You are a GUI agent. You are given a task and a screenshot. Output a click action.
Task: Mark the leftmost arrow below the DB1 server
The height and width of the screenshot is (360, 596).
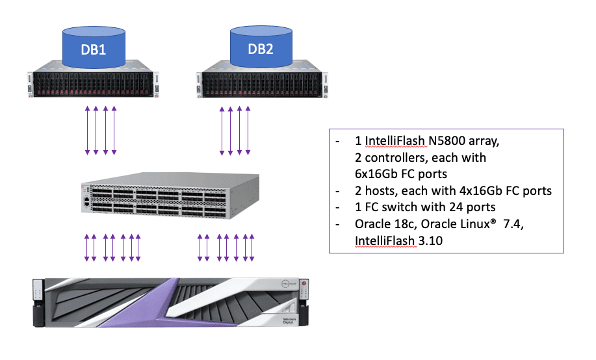tap(87, 131)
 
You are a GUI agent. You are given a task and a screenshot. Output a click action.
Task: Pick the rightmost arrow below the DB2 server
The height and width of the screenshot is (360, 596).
tap(250, 131)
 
